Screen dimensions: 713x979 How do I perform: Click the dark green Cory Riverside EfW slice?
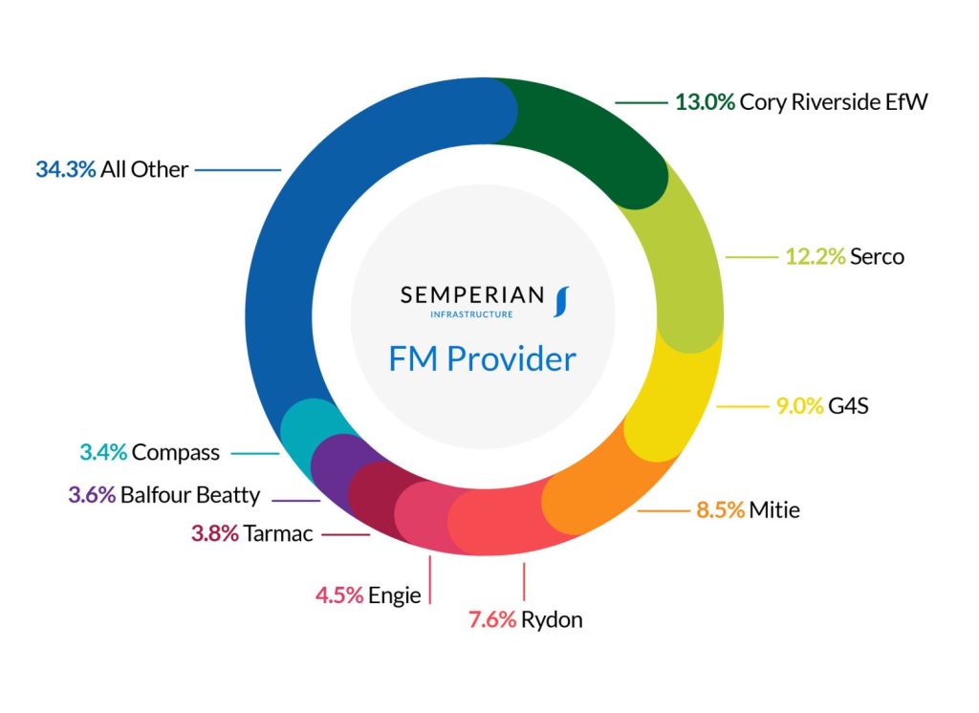(x=593, y=134)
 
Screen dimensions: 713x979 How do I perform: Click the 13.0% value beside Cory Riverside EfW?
(x=705, y=101)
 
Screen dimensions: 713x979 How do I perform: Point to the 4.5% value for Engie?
(x=339, y=594)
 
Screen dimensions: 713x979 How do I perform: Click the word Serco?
(x=877, y=256)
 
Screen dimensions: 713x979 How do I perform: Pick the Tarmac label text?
(x=278, y=533)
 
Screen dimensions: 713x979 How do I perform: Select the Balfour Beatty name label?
(x=190, y=495)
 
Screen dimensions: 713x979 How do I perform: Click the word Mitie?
(x=774, y=509)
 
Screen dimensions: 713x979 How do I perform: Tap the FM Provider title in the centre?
(x=482, y=358)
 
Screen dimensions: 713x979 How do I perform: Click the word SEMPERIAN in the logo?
(x=471, y=294)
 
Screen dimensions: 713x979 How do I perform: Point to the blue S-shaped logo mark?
(x=560, y=300)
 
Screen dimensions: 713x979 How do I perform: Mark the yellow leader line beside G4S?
(x=743, y=406)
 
